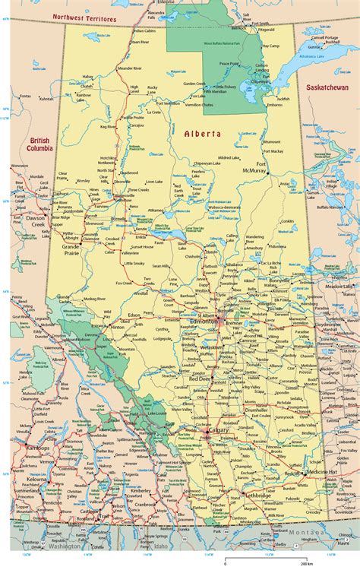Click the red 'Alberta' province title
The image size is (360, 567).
[202, 133]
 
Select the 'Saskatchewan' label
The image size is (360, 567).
[327, 88]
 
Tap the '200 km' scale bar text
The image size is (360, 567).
[305, 563]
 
